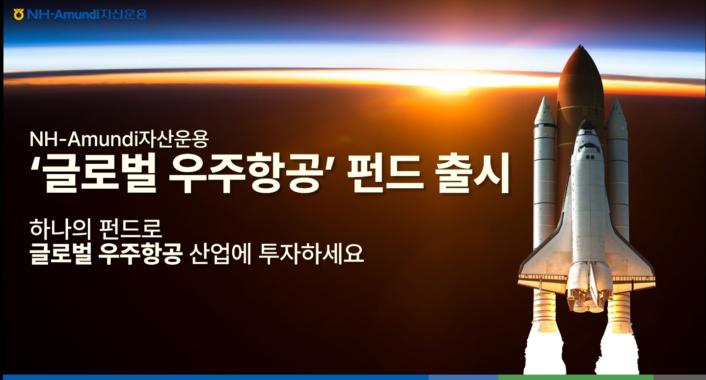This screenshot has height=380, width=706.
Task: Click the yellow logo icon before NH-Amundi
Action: pyautogui.click(x=19, y=14)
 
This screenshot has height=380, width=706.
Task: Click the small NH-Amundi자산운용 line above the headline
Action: pyautogui.click(x=119, y=140)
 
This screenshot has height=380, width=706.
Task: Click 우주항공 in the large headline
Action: pyautogui.click(x=241, y=175)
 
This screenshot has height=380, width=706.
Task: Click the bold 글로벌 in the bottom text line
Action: pyautogui.click(x=60, y=253)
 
